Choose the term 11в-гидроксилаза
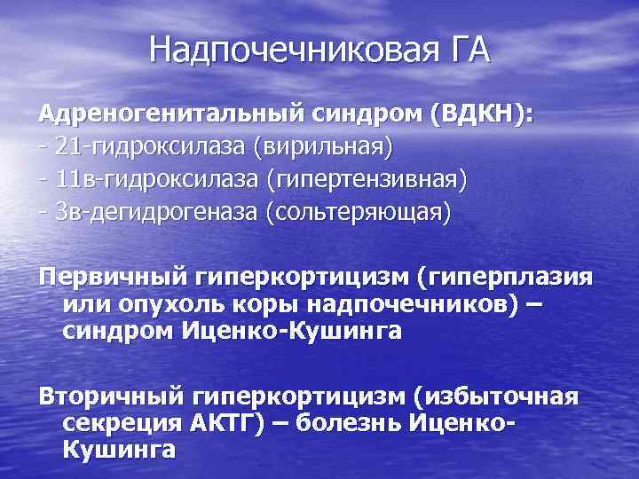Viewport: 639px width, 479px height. [x=147, y=179]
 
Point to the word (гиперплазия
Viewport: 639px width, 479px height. [x=506, y=276]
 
